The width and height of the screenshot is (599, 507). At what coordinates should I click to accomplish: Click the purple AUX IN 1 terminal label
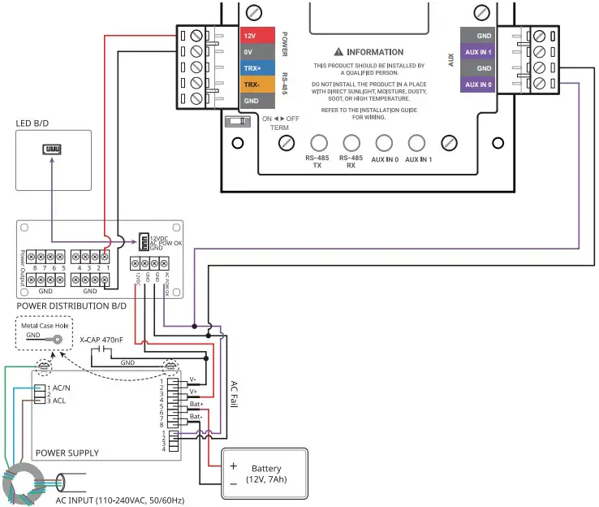478,52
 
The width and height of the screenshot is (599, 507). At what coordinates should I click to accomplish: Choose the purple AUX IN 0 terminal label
478,84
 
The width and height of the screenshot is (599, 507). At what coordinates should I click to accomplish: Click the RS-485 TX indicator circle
319,143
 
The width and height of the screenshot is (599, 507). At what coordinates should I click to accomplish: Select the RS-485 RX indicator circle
351,143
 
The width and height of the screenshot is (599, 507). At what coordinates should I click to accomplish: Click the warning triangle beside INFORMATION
339,52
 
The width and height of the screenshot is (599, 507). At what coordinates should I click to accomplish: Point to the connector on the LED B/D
52,149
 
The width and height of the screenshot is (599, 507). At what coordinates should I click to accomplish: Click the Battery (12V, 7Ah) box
265,474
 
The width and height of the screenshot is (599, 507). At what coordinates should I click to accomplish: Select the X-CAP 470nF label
101,340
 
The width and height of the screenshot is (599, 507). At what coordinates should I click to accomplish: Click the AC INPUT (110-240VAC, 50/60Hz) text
120,500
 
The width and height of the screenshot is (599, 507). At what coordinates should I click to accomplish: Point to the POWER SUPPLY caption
67,453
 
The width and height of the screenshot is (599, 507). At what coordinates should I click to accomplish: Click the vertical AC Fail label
235,398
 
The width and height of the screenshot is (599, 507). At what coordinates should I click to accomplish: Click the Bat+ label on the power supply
196,404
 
